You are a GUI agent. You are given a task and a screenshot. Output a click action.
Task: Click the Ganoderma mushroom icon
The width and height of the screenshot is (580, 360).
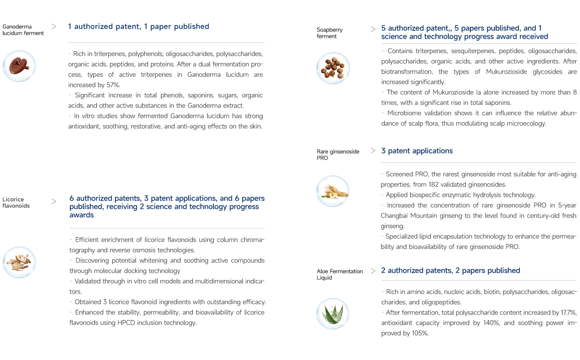coord(19,66)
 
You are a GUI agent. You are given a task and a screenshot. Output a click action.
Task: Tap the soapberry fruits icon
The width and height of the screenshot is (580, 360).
coord(333,68)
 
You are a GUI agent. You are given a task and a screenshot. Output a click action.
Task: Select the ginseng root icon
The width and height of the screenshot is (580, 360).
coord(333,190)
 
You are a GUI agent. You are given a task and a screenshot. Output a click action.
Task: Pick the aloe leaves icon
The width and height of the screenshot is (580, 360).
coord(333,313)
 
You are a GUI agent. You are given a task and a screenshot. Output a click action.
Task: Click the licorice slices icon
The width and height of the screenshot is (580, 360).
coord(19,262)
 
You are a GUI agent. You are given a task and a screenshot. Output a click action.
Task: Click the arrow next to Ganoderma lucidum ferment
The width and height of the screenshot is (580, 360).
coord(54,27)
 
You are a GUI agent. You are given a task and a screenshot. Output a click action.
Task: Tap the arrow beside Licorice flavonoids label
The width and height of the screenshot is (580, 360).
coord(54,201)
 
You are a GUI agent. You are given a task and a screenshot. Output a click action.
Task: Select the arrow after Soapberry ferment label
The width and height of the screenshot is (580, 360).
coord(373,29)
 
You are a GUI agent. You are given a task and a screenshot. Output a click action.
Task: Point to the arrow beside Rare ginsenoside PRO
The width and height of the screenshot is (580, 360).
coord(373,151)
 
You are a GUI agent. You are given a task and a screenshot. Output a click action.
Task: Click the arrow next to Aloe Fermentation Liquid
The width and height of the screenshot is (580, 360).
coord(373,270)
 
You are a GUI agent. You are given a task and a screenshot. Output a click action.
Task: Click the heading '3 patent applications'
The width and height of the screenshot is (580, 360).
coord(417,151)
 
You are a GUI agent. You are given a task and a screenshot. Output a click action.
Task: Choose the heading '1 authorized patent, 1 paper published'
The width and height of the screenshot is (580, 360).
coord(139,26)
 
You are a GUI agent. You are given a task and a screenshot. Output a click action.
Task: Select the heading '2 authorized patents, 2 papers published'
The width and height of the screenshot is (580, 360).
coord(451,270)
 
